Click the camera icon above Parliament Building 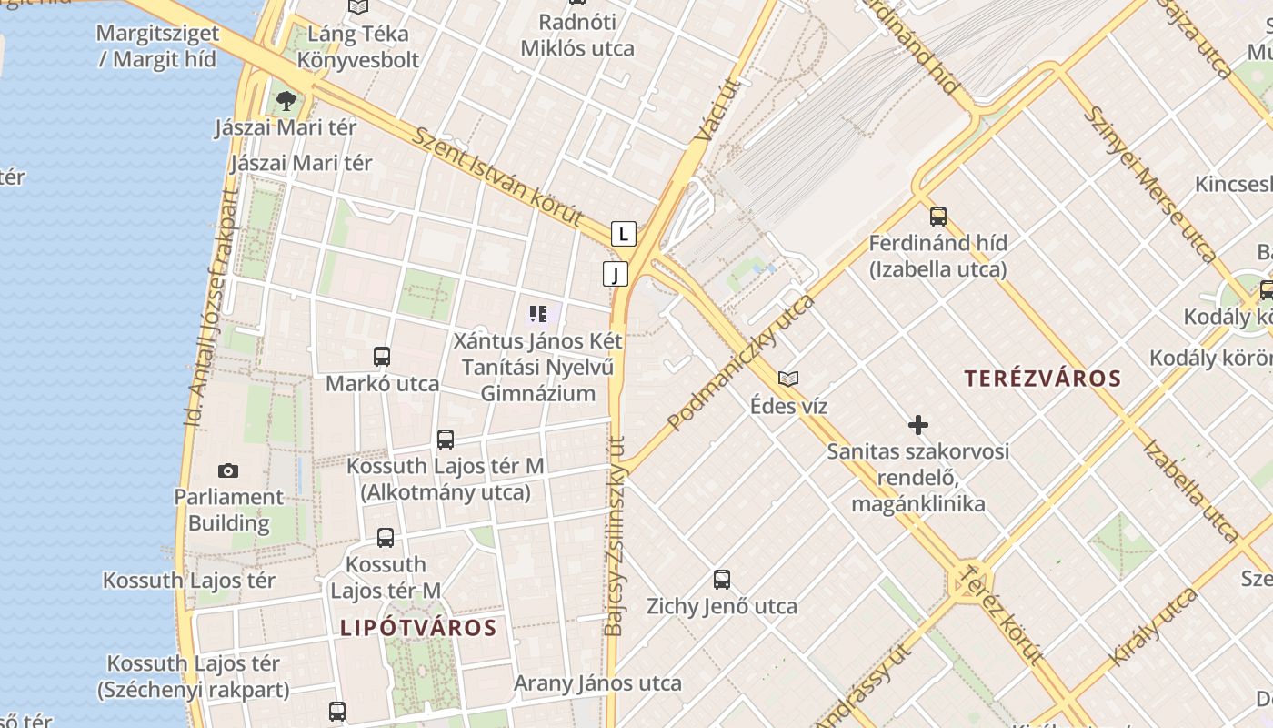(x=228, y=470)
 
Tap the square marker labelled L (x=623, y=234)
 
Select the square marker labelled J (x=616, y=273)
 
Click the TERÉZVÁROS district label (x=1043, y=379)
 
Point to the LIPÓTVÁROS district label (x=418, y=628)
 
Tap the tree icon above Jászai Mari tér (x=286, y=100)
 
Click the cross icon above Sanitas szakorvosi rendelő (x=918, y=425)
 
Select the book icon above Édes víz (x=788, y=379)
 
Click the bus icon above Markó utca (x=382, y=357)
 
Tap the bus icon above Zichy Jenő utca (x=722, y=579)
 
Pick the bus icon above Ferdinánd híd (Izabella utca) (x=938, y=217)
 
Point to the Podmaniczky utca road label (x=741, y=361)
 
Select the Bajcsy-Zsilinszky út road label (x=616, y=537)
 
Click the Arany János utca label (x=597, y=682)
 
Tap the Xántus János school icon (x=537, y=315)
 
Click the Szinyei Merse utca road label (x=1150, y=184)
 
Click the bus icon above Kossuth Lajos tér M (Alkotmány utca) (x=446, y=440)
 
